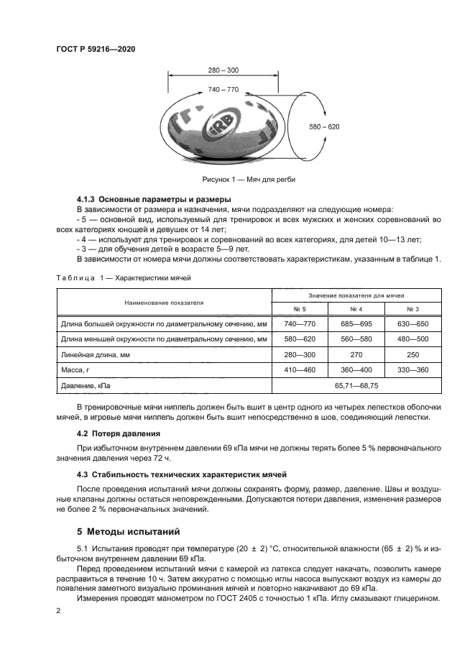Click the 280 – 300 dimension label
click(x=223, y=70)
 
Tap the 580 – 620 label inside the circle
click(x=324, y=126)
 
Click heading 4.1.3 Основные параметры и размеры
click(x=153, y=198)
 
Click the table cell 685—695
click(x=356, y=325)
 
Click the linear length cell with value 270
click(x=356, y=354)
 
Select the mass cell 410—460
click(x=299, y=369)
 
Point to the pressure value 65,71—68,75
click(x=355, y=385)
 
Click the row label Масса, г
click(x=78, y=369)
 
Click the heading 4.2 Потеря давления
click(x=118, y=434)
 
